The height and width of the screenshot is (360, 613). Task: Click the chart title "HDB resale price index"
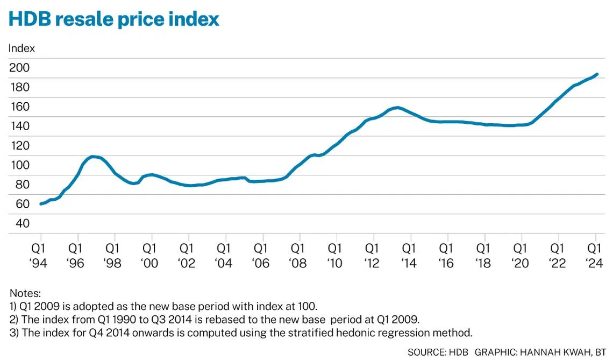tap(113, 19)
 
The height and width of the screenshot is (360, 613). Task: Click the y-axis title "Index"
tap(22, 48)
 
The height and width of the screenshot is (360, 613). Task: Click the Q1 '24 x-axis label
tap(594, 256)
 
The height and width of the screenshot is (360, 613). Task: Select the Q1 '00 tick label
tap(152, 256)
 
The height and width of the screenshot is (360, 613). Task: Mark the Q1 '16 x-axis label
tap(446, 256)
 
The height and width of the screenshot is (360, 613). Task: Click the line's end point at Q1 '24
tap(596, 74)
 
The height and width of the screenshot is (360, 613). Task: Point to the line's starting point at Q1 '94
tap(41, 204)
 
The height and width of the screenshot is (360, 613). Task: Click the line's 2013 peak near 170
tap(397, 108)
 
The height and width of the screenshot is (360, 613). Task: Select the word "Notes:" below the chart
tap(25, 293)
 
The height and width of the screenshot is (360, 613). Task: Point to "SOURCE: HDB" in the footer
tap(438, 352)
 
